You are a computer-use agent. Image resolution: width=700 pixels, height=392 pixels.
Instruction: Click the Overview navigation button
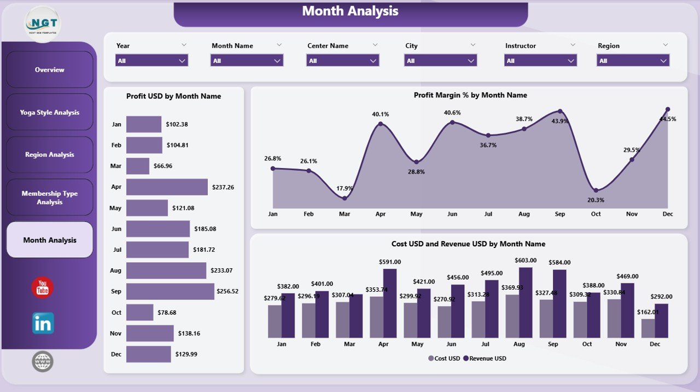[50, 70]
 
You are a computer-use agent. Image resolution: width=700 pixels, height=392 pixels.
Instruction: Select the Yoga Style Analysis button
[50, 112]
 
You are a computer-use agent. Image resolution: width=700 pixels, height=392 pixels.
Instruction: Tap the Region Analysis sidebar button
[50, 154]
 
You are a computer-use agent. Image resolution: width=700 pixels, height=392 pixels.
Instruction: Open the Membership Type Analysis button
[50, 198]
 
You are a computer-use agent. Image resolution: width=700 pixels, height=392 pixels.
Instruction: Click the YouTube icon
[43, 288]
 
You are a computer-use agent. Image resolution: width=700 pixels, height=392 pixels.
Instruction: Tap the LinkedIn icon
[43, 324]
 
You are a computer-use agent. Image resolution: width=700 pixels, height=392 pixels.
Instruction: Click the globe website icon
[43, 361]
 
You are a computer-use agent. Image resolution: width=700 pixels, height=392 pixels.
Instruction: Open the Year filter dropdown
[151, 61]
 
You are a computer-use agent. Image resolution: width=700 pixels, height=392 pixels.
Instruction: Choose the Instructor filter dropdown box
[540, 61]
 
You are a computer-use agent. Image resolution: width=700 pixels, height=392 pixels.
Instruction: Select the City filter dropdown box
[440, 61]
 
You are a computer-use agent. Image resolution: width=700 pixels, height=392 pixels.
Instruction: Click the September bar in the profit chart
[170, 291]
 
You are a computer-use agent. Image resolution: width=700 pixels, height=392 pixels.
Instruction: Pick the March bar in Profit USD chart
[138, 166]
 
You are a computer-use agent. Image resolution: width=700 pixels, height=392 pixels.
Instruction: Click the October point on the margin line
[596, 191]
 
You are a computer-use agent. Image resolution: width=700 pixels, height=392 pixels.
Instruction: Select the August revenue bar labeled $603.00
[526, 303]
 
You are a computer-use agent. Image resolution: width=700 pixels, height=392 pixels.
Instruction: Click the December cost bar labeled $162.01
[648, 328]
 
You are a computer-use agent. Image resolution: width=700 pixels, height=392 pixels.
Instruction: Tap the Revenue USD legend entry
[485, 359]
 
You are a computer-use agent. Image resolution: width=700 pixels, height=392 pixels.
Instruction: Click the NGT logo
[43, 24]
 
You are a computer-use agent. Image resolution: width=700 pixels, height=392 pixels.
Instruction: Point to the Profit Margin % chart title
[470, 95]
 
